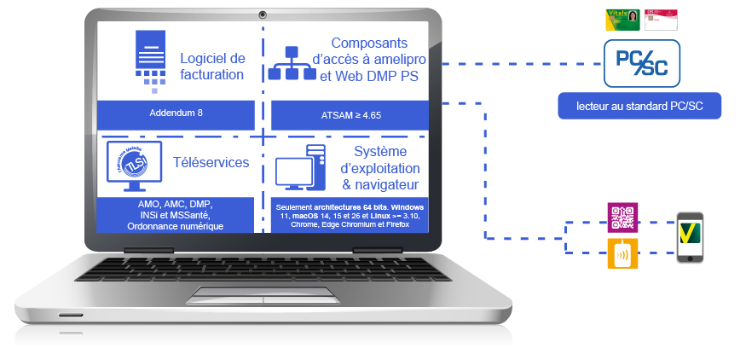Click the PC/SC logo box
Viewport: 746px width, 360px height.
coord(641,63)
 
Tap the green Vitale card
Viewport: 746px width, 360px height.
coord(622,20)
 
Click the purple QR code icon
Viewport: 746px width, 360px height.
coord(622,218)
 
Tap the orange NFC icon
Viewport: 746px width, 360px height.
coord(622,254)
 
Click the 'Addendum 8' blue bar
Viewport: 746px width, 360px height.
coord(176,113)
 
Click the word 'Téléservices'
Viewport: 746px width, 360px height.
coord(211,162)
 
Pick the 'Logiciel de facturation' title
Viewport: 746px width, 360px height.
coord(212,66)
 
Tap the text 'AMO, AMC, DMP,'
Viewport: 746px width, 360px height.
coord(176,205)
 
